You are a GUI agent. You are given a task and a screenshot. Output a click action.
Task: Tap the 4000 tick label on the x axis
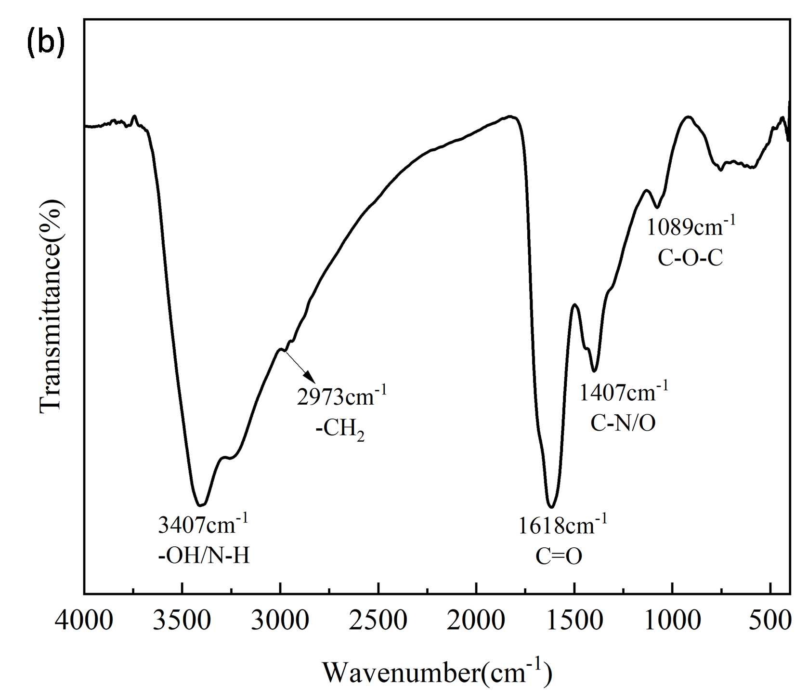pos(84,620)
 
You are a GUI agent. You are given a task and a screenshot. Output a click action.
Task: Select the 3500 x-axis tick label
pos(182,620)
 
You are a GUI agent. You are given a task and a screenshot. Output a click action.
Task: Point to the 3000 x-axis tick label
pos(280,620)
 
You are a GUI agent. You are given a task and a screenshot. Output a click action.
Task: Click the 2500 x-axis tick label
pos(378,620)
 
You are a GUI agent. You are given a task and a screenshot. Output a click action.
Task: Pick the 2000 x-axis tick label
pos(476,620)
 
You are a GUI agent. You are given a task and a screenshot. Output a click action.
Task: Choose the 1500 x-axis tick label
pos(574,620)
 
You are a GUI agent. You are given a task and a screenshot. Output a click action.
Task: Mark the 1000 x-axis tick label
pos(672,620)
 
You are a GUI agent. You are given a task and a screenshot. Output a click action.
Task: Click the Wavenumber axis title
pos(436,672)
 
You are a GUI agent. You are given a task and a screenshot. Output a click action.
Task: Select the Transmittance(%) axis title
pos(52,306)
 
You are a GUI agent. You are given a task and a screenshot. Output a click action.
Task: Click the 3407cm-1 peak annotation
pos(203,525)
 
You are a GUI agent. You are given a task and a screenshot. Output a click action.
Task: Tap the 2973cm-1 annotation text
pos(341,397)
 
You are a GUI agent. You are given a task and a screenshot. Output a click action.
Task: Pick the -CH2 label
pos(340,429)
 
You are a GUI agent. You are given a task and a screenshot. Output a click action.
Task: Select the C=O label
pos(559,556)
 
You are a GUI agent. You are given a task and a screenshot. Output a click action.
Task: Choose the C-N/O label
pos(623,423)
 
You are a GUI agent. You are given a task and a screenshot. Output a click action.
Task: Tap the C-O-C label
pos(690,259)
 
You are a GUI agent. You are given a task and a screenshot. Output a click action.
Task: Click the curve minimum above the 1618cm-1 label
pos(551,506)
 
